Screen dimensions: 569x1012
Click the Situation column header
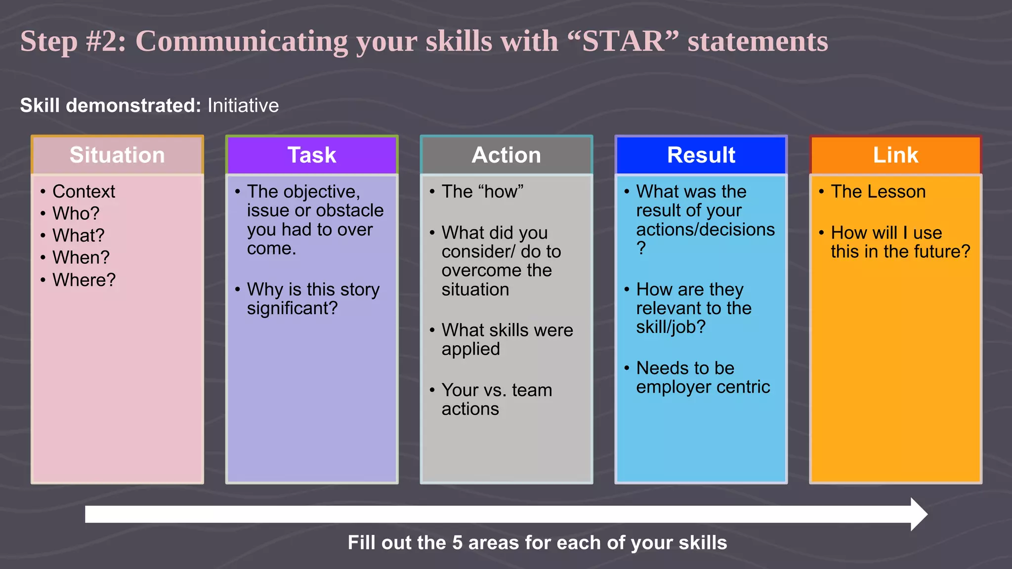(117, 155)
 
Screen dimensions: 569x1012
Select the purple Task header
(312, 155)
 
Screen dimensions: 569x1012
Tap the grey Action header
(506, 155)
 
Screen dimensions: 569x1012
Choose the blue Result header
(701, 155)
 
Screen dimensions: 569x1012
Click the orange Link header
(895, 155)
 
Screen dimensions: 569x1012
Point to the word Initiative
(243, 106)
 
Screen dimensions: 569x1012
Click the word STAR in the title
(623, 41)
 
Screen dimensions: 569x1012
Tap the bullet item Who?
(76, 213)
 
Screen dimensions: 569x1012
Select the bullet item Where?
(84, 280)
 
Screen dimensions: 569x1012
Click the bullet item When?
(81, 258)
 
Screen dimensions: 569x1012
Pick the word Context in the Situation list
(84, 192)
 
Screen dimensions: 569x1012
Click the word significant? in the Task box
(292, 308)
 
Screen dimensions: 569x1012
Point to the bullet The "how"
(482, 192)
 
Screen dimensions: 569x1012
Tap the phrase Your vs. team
(497, 390)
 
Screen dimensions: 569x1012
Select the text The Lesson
(878, 192)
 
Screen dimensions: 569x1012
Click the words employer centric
(703, 387)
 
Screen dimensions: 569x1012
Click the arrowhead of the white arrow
(919, 514)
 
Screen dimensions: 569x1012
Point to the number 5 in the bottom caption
(457, 543)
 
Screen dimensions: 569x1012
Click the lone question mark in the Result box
(641, 248)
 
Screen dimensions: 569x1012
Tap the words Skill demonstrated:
(110, 106)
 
